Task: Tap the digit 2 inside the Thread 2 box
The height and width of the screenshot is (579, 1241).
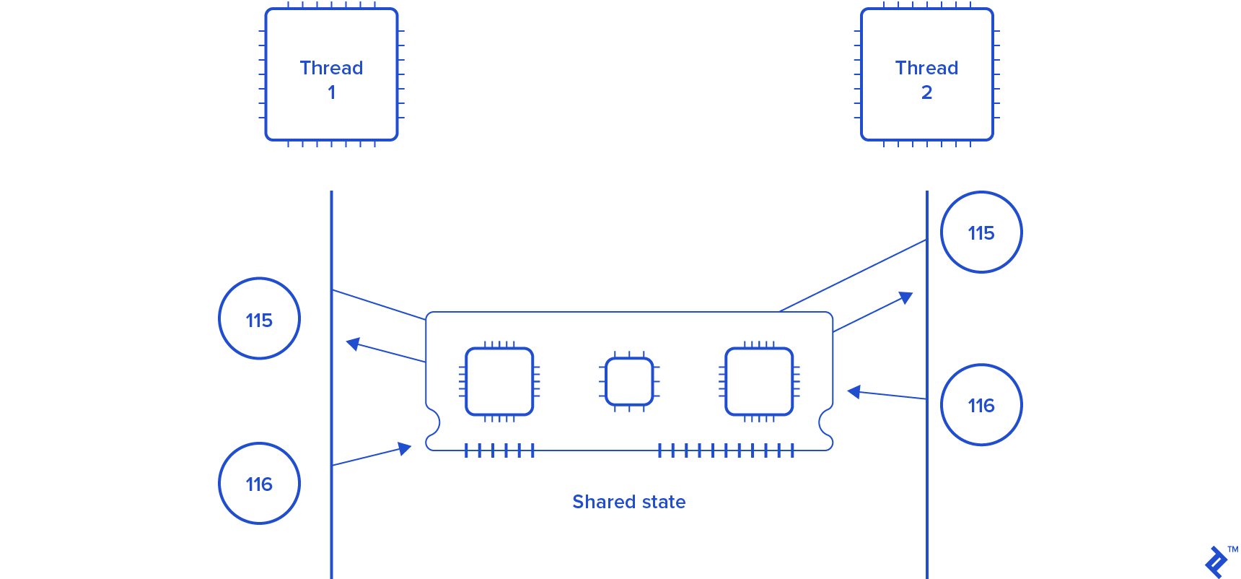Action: point(926,92)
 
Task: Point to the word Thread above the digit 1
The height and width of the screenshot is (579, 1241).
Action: point(331,68)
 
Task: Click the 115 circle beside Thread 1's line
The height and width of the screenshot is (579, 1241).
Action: point(259,318)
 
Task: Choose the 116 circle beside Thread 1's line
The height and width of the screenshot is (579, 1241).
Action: point(259,483)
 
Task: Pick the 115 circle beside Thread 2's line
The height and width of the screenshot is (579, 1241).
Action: point(981,232)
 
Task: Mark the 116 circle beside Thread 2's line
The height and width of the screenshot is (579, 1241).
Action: point(981,404)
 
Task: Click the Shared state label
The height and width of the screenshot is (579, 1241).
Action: point(628,502)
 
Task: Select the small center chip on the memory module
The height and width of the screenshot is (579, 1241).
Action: point(629,382)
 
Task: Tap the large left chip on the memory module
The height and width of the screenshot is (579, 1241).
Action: point(499,382)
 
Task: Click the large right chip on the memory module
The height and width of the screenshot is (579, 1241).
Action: point(759,382)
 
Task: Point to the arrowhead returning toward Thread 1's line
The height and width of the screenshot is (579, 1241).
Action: point(353,344)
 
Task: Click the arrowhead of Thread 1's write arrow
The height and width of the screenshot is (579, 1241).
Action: point(405,449)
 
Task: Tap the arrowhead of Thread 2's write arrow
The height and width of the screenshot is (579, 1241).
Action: point(854,392)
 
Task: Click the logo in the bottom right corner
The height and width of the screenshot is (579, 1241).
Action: point(1216,562)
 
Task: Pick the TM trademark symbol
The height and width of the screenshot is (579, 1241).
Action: point(1233,549)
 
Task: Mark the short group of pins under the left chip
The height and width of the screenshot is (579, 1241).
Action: point(499,451)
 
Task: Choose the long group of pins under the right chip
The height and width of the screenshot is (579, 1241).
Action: point(726,451)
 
